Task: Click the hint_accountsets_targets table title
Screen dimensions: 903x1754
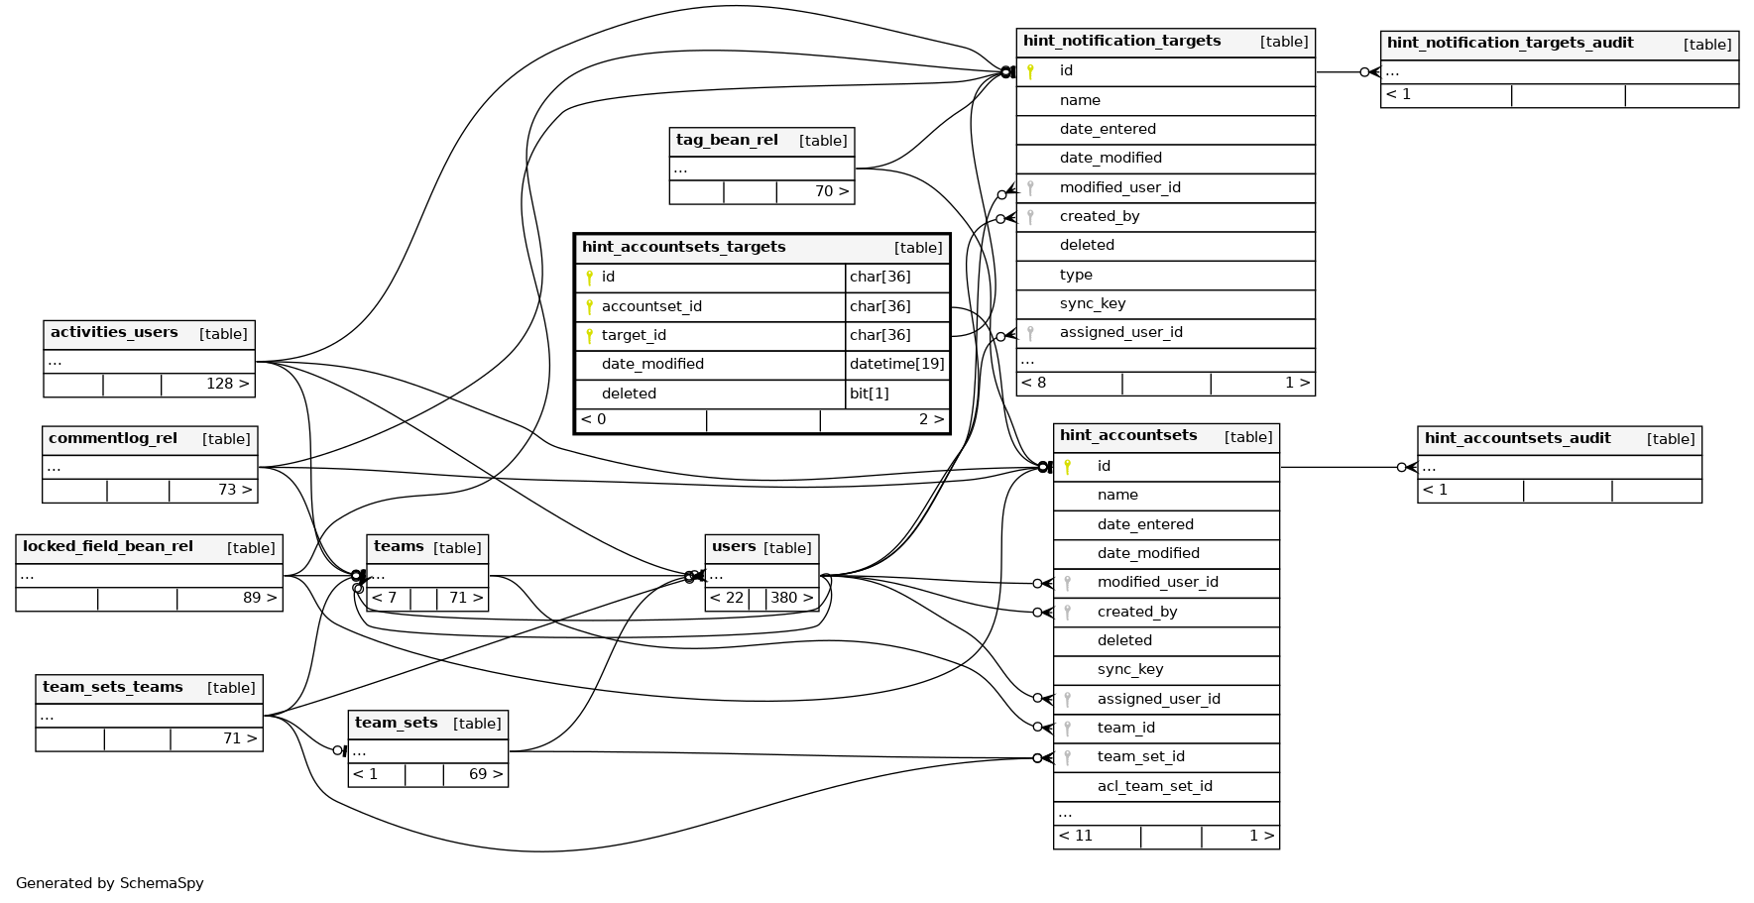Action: pos(683,247)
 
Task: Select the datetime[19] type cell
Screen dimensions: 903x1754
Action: pos(896,364)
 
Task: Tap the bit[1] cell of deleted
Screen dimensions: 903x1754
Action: pos(869,394)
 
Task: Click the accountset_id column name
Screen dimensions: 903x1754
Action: pos(651,306)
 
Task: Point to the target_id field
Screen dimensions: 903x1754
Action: pos(634,335)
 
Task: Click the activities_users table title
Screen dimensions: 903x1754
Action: pos(114,333)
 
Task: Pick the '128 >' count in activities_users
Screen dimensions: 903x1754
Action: pos(227,384)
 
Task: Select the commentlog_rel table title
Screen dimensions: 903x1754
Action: pos(113,438)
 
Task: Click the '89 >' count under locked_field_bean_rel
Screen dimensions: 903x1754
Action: pos(260,598)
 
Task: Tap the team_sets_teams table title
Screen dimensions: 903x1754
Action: pos(113,687)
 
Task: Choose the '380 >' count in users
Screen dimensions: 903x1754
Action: pos(791,598)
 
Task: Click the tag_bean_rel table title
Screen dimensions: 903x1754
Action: pos(727,140)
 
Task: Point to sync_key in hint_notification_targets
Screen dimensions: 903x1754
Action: pos(1092,303)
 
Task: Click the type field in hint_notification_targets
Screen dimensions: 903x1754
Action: pos(1076,275)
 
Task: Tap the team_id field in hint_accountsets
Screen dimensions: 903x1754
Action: pos(1125,728)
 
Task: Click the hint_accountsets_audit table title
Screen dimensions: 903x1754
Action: pos(1517,438)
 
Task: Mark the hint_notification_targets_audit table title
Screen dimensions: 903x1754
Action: pos(1509,43)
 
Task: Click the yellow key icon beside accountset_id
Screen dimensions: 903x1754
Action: pos(589,306)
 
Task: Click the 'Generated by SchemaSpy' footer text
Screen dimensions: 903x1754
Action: pos(109,883)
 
